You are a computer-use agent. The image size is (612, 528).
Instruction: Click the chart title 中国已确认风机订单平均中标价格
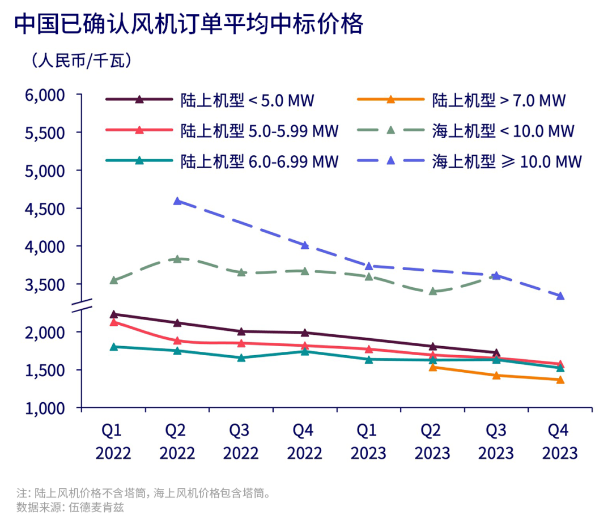tap(188, 24)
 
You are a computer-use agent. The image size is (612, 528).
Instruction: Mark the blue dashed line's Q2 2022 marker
tap(177, 201)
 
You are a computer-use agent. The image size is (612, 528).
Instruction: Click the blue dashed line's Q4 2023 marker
tap(560, 296)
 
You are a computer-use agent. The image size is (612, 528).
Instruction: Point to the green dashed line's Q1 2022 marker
tap(114, 280)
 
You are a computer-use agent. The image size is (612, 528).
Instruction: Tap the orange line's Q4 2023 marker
tap(560, 380)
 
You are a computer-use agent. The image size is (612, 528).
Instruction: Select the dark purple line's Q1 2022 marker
tap(114, 314)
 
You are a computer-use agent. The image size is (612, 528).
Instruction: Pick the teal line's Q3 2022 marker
tap(241, 357)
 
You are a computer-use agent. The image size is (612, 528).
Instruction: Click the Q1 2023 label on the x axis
tap(368, 442)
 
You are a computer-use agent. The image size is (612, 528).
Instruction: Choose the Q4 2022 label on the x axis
tap(304, 442)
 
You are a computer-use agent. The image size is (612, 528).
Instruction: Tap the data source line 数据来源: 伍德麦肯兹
tap(70, 507)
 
